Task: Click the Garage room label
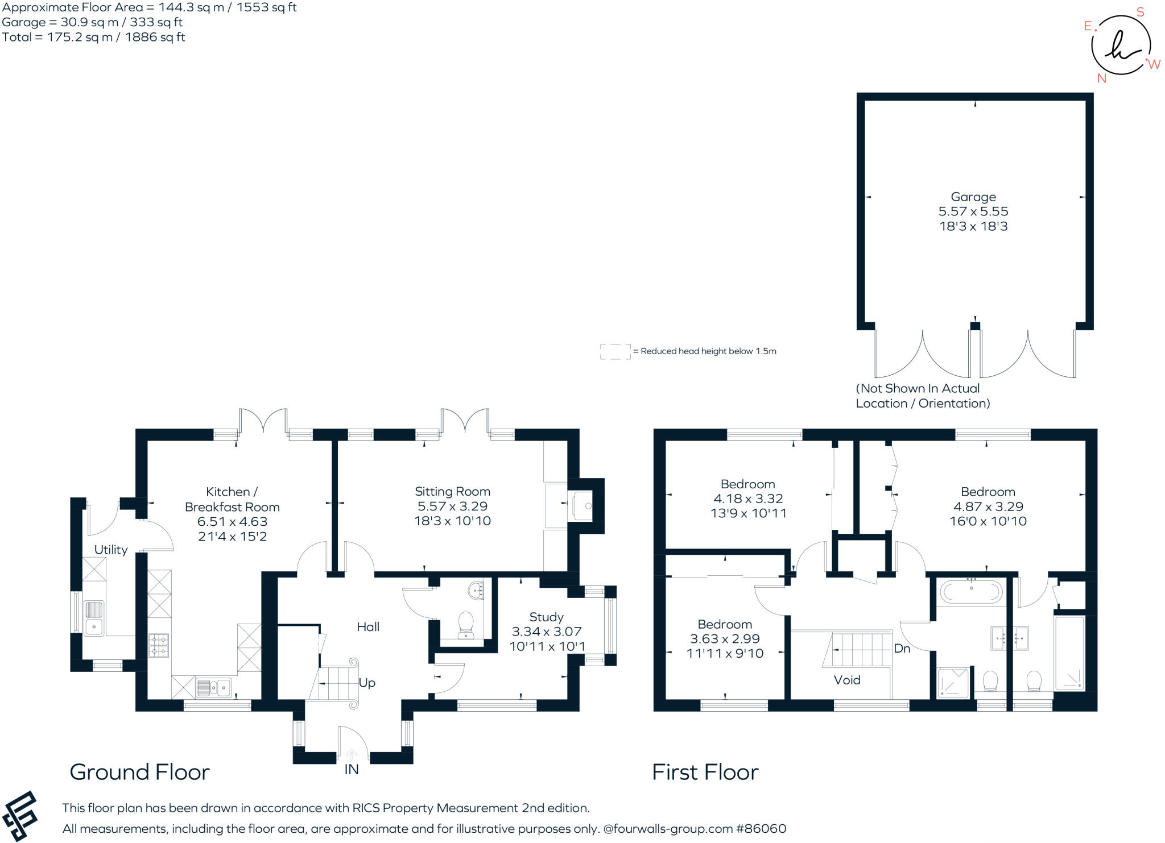(x=973, y=197)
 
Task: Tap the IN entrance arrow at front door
(x=352, y=754)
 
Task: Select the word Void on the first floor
(x=846, y=680)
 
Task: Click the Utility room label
(x=111, y=550)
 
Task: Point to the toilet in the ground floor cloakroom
(x=465, y=624)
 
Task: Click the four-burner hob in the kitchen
(x=159, y=645)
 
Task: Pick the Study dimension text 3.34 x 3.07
(x=546, y=632)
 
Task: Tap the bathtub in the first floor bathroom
(x=971, y=592)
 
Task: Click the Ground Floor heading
(x=139, y=772)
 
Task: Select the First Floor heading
(x=705, y=772)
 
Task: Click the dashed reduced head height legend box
(x=615, y=351)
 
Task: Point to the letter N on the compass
(x=1101, y=78)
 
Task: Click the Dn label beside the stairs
(x=902, y=649)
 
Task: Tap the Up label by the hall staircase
(x=367, y=683)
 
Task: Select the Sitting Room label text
(x=452, y=492)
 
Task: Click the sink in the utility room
(x=93, y=618)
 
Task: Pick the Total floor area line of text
(x=93, y=38)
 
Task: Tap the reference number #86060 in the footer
(x=761, y=829)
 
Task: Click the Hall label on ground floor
(x=368, y=627)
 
